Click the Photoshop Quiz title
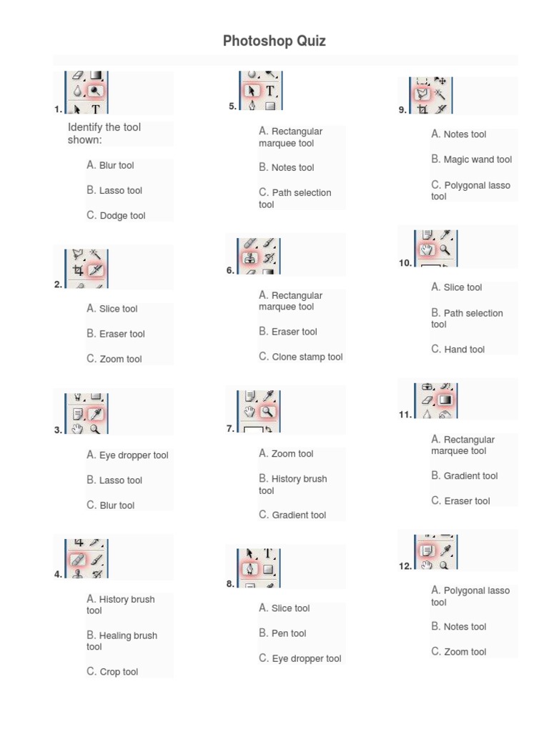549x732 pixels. pos(274,41)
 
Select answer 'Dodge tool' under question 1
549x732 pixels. pos(122,215)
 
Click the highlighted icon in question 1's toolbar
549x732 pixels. pos(95,91)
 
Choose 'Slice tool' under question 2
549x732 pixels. pos(118,309)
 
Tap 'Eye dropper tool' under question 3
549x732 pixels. pos(134,455)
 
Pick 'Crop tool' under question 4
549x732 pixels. pos(119,672)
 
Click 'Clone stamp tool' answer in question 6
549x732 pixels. pos(307,357)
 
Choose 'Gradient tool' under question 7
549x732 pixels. pos(299,515)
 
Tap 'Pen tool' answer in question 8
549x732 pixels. pos(288,633)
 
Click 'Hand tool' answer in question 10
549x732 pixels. pos(464,350)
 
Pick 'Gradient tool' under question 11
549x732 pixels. pos(470,476)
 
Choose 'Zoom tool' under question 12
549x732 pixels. pos(465,652)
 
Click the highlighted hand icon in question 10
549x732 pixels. pos(427,249)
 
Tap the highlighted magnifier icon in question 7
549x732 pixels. pos(267,412)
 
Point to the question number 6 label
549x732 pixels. pos(230,271)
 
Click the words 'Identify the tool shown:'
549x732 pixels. pos(104,133)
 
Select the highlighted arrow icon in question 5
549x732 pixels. pos(252,91)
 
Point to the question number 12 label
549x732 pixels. pos(405,566)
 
